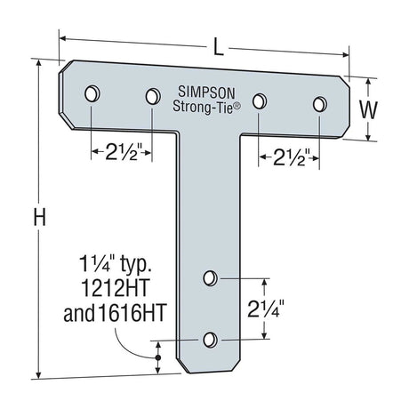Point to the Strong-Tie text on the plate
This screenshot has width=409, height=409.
point(204,106)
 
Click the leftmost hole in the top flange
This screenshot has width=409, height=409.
point(92,93)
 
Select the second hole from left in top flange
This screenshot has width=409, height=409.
point(152,95)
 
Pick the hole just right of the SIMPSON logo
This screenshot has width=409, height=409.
point(260,100)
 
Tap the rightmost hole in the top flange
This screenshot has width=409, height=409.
point(318,104)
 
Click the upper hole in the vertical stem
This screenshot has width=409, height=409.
point(210,278)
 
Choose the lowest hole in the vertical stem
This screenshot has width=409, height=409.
point(210,340)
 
